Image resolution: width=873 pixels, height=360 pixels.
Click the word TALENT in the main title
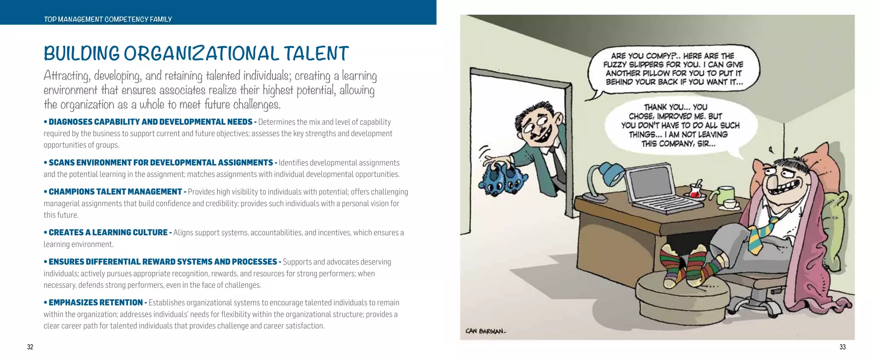click(316, 54)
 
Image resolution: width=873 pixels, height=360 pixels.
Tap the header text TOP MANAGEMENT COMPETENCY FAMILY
click(108, 19)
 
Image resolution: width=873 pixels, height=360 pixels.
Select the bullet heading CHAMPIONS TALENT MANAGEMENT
click(115, 192)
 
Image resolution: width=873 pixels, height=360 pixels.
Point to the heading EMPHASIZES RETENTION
click(95, 302)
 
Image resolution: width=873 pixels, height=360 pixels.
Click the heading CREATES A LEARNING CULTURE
click(108, 233)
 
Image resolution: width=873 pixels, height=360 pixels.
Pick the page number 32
click(30, 347)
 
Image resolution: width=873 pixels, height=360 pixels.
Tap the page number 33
click(842, 347)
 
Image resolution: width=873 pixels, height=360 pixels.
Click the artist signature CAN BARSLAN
click(485, 331)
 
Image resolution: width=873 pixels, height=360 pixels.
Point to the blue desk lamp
click(601, 179)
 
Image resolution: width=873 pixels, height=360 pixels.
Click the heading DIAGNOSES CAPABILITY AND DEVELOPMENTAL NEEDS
click(150, 122)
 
